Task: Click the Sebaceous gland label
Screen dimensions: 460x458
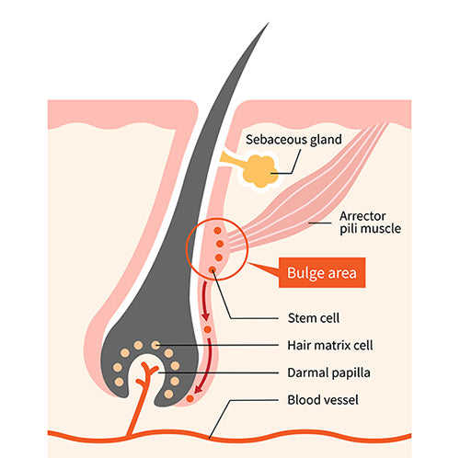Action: (293, 140)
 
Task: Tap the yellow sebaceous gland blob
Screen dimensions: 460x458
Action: (260, 171)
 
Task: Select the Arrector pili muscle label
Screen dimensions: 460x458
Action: (370, 223)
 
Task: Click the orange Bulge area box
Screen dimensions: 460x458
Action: (322, 272)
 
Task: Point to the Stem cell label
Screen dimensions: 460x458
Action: (314, 318)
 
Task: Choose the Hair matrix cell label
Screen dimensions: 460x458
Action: (330, 345)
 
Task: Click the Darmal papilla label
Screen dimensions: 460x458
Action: (328, 372)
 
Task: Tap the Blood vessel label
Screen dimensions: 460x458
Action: (323, 400)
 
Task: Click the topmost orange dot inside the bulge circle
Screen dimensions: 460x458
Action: (217, 231)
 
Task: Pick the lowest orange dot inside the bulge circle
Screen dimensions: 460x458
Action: (213, 269)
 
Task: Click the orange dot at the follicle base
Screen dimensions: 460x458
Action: (190, 398)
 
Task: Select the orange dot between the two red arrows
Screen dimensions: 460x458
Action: (208, 329)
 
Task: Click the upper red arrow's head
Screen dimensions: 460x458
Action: (206, 316)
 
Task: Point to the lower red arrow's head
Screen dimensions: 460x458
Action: (199, 389)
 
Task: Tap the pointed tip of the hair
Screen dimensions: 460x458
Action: (269, 23)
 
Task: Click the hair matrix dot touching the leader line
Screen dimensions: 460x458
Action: (155, 345)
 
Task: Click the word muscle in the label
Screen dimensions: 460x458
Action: (385, 229)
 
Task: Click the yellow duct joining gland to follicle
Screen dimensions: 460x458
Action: (231, 159)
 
